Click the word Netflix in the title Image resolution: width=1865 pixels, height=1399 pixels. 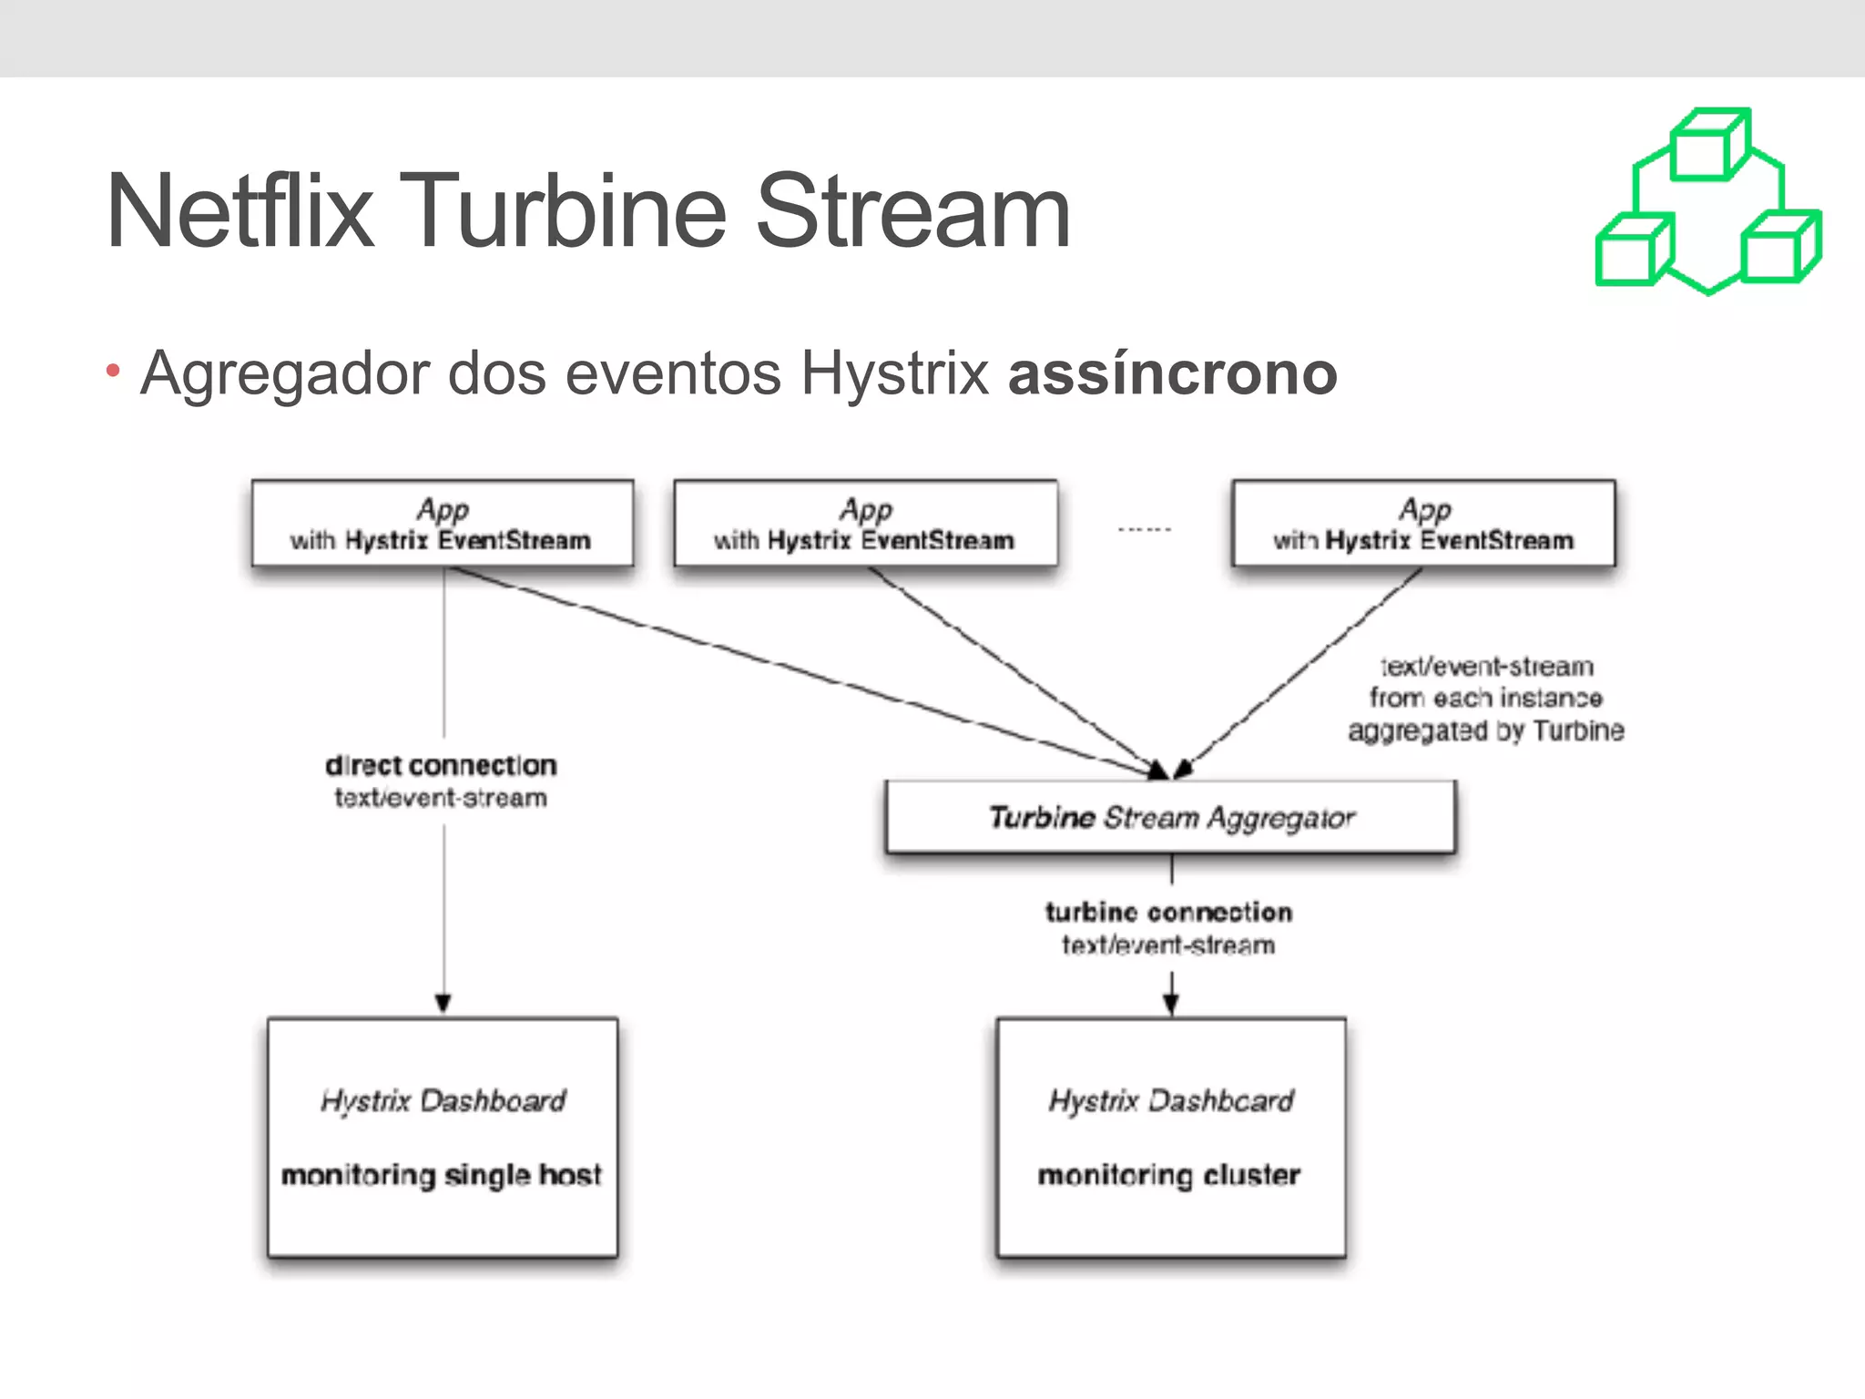pos(239,212)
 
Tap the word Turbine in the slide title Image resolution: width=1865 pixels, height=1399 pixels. pos(562,212)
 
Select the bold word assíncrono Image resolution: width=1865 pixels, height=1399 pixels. pos(1172,374)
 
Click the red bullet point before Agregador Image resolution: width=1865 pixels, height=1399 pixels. pos(113,371)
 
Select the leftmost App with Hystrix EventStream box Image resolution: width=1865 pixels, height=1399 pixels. pos(442,524)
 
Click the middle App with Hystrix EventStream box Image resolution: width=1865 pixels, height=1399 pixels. pos(864,524)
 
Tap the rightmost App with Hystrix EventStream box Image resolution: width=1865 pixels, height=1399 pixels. pos(1422,524)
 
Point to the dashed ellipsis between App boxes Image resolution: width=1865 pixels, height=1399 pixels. pos(1144,529)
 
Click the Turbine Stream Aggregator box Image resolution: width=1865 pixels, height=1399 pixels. pos(1170,817)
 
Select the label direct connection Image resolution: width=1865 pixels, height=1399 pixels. pos(441,765)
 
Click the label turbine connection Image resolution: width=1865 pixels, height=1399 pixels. pos(1168,912)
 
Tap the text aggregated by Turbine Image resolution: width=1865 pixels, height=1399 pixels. pos(1485,730)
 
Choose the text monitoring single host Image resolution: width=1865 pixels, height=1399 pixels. pos(442,1175)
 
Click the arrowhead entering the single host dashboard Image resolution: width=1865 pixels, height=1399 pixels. pos(443,1004)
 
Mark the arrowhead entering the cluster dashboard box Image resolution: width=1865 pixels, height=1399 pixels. pos(1171,1004)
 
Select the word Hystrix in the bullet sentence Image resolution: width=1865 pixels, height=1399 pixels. pos(894,374)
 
